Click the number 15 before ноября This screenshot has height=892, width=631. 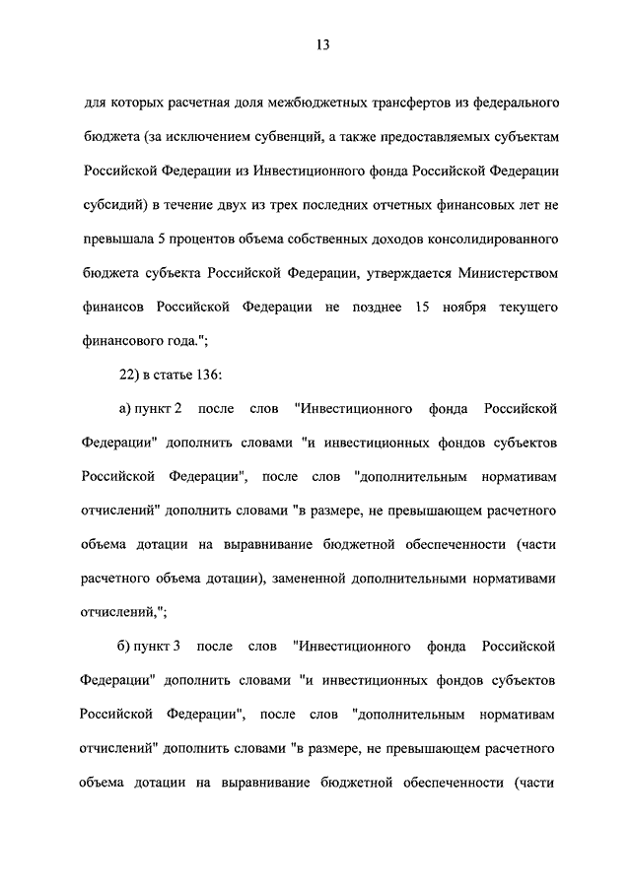tap(424, 309)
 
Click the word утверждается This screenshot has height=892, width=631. tap(371, 274)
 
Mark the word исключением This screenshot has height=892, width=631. tap(201, 136)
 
